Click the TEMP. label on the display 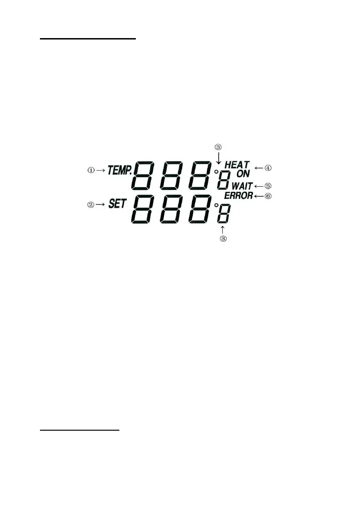(119, 170)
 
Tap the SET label (117, 205)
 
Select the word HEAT (237, 165)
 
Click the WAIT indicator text (242, 186)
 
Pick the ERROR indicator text (238, 196)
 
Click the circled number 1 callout (91, 170)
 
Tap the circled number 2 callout (91, 205)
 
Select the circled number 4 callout (268, 166)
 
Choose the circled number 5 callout (268, 186)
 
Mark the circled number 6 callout (268, 196)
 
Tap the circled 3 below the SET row (223, 238)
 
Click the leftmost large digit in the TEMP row (147, 175)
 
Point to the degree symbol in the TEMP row (216, 172)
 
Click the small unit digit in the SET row (223, 215)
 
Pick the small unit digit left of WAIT (224, 181)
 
